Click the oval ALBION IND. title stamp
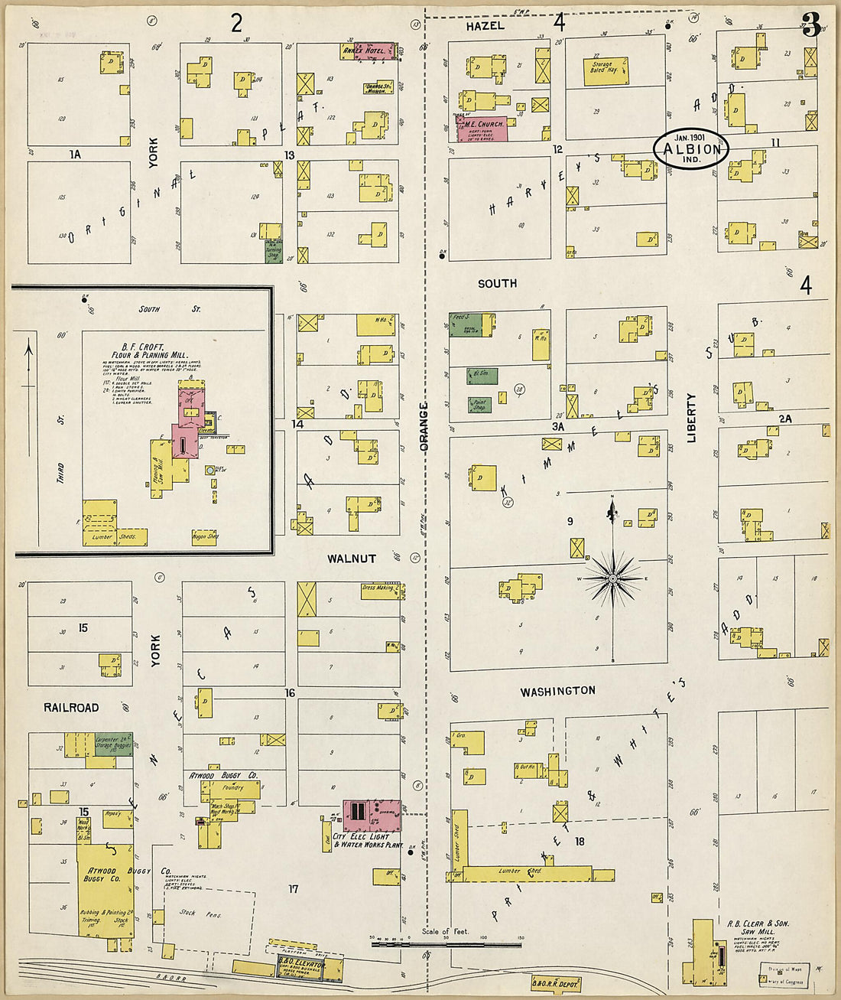coord(691,149)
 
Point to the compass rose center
coord(612,579)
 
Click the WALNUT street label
coord(351,559)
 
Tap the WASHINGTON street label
coord(557,692)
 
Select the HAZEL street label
coord(485,26)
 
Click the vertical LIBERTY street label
coord(692,418)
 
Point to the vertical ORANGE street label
coord(424,426)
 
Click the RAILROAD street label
coord(71,708)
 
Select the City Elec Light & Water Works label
coord(368,841)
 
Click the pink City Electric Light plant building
coord(372,816)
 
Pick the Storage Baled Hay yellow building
coord(606,70)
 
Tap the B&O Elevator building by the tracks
coord(301,969)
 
